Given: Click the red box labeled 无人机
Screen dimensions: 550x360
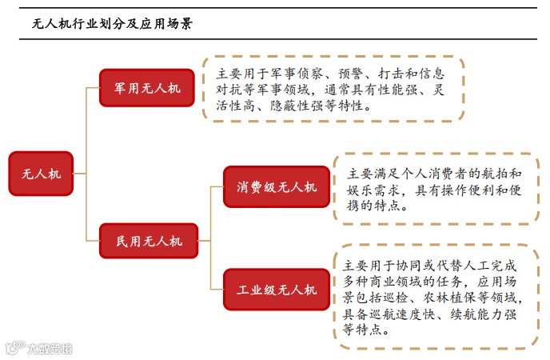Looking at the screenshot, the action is [41, 173].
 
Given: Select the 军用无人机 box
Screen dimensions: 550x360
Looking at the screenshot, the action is [148, 88].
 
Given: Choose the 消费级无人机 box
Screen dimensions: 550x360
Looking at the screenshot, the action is [277, 187].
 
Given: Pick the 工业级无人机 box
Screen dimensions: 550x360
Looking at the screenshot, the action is [277, 289].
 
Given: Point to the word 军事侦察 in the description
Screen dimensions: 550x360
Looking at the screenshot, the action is [309, 74].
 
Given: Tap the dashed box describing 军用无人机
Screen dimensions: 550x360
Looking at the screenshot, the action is [333, 89].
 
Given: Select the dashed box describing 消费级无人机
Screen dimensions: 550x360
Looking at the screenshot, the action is [435, 189].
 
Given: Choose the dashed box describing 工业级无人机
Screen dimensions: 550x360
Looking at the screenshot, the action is [435, 297].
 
